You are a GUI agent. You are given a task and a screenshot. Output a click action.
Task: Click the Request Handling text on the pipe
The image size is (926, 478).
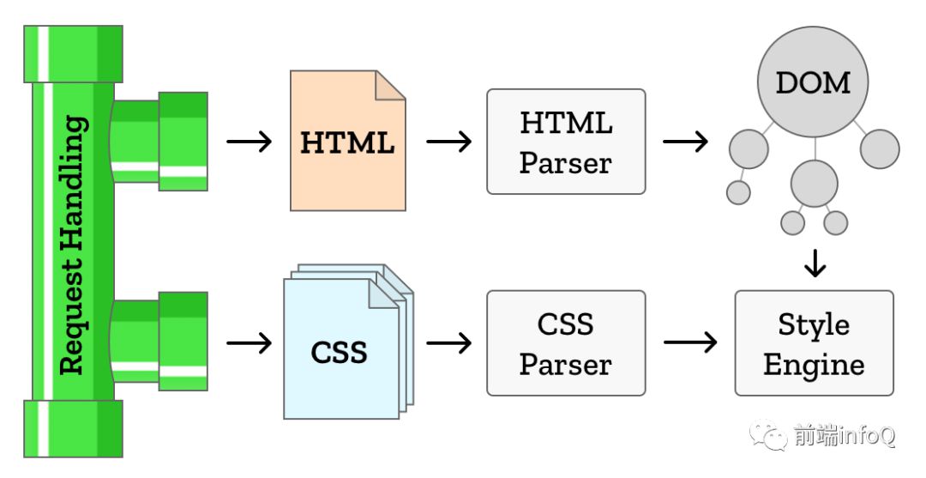pos(74,245)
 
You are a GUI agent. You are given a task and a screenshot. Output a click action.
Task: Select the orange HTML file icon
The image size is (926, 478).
pos(347,142)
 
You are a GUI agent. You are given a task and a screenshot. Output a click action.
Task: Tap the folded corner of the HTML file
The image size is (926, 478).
pos(390,86)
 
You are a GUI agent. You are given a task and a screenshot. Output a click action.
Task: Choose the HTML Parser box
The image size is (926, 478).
pos(566,142)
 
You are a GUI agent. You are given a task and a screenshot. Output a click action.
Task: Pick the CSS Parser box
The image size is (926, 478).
pos(566,343)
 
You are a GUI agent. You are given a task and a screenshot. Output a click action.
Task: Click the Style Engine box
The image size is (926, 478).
pos(814,343)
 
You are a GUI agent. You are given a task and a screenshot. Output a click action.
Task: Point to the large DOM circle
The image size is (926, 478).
pos(813,82)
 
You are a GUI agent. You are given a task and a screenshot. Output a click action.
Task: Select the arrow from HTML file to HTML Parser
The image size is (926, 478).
pos(448,142)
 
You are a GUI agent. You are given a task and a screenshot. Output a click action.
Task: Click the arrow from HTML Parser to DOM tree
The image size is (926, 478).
pos(686,142)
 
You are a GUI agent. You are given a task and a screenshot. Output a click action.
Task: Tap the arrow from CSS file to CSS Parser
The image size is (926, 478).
pos(448,343)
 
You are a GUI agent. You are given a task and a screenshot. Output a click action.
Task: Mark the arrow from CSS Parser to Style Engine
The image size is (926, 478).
pos(690,343)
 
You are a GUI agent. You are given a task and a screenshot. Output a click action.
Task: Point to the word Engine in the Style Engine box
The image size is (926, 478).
pos(814,364)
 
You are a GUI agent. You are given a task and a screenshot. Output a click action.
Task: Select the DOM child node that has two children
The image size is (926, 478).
pos(814,183)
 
